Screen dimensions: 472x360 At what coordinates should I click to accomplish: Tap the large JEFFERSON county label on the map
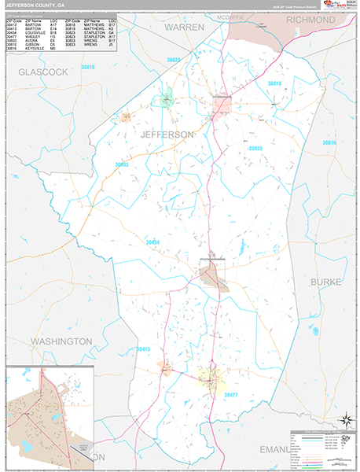[166, 135]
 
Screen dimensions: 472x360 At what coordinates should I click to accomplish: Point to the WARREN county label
[184, 27]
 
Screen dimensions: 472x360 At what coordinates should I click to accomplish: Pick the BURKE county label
[326, 279]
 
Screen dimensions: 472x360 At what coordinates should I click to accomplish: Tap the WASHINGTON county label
[61, 341]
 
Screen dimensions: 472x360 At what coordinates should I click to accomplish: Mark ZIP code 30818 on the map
[274, 83]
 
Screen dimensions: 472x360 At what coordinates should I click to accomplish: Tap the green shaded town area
[166, 100]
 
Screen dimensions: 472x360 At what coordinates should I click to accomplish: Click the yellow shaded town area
[208, 378]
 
